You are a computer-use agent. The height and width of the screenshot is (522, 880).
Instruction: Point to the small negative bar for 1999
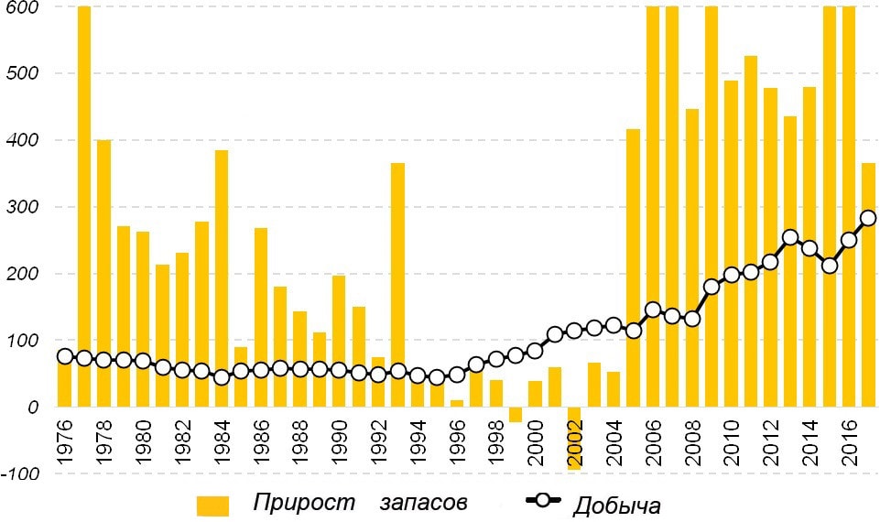(x=516, y=415)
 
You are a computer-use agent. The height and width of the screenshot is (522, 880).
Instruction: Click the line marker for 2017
(x=868, y=218)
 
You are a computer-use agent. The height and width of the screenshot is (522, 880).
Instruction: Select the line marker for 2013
(x=790, y=238)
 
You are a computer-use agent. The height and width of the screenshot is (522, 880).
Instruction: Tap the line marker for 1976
(x=65, y=357)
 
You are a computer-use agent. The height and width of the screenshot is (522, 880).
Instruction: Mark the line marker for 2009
(x=712, y=287)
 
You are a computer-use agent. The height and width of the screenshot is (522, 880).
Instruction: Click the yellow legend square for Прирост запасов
(x=212, y=506)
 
